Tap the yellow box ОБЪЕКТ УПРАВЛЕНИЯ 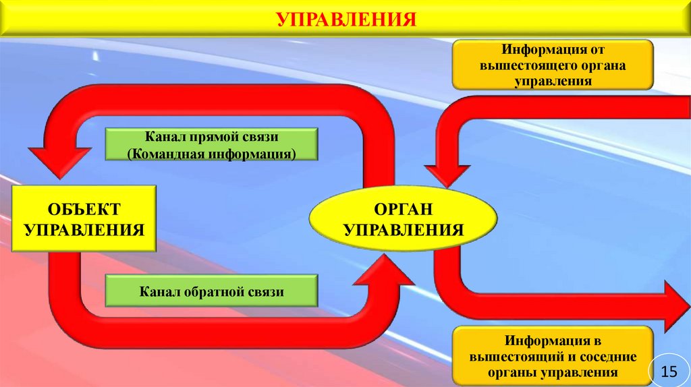point(84,220)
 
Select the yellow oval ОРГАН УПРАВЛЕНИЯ point(403,220)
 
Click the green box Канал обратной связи point(211,292)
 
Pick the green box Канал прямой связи point(211,146)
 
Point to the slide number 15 point(669,371)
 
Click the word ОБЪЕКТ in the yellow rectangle point(84,209)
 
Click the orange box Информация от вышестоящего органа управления point(552,65)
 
